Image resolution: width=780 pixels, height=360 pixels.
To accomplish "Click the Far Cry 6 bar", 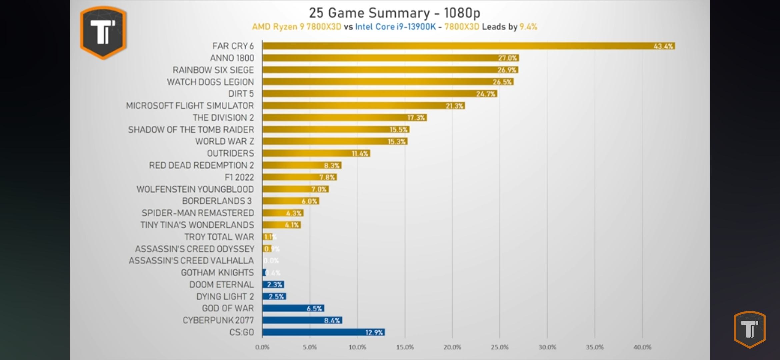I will [x=468, y=46].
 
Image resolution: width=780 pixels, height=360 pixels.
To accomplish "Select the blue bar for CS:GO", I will [x=323, y=332].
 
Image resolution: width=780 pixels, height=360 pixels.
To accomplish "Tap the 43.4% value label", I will [x=663, y=46].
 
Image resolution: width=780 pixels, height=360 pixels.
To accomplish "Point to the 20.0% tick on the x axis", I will [x=452, y=347].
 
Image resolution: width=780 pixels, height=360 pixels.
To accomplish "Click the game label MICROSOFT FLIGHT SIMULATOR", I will [x=190, y=106].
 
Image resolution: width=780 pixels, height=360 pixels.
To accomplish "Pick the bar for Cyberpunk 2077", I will [x=302, y=320].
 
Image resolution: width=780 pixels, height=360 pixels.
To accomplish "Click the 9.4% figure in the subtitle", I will [x=528, y=27].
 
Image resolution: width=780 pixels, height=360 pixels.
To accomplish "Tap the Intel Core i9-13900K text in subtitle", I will [x=395, y=27].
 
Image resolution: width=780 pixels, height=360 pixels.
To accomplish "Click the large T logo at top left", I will [x=103, y=32].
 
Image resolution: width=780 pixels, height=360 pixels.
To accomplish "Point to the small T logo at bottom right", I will [x=750, y=329].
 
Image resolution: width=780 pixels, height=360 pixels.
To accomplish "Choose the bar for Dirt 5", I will [x=380, y=94].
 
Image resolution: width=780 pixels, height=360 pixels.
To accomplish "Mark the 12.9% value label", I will [x=374, y=333].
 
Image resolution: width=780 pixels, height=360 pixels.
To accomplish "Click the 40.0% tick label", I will [x=642, y=347].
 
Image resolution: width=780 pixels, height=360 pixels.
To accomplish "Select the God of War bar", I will [x=293, y=308].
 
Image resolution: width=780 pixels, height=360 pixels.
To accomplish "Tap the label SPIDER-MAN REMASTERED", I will [x=198, y=213].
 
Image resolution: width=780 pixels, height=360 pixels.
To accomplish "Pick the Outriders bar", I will [x=316, y=153].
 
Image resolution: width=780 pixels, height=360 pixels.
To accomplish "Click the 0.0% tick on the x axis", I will [x=262, y=347].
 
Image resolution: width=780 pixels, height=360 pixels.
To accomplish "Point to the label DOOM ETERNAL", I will [x=221, y=285].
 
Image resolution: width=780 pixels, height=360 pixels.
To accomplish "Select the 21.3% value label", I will [x=454, y=106].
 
